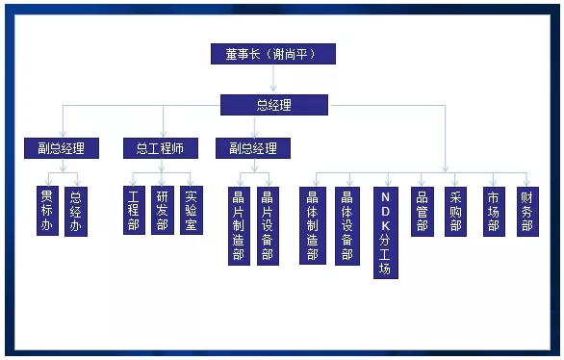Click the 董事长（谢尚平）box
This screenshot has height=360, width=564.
[x=273, y=54]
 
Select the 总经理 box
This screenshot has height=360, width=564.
[x=274, y=105]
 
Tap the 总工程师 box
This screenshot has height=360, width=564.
[x=161, y=148]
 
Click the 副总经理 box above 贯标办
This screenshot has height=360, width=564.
[x=62, y=148]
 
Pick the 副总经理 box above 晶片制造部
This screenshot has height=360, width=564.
[x=253, y=148]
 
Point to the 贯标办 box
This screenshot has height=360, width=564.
[x=47, y=211]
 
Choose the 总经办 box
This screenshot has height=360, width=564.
[x=76, y=212]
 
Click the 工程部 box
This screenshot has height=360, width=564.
[x=134, y=211]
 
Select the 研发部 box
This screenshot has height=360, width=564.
[x=163, y=211]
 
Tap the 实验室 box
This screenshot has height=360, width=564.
[x=192, y=211]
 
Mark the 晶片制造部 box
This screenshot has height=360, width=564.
[x=240, y=226]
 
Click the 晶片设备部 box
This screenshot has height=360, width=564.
[x=268, y=226]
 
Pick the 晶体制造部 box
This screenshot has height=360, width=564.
[x=313, y=226]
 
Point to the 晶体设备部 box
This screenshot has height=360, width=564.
[x=347, y=226]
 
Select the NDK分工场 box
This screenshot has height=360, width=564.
[x=386, y=233]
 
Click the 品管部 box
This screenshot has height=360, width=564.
[x=423, y=212]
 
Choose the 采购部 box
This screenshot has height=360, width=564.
[x=456, y=212]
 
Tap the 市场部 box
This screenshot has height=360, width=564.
[x=494, y=212]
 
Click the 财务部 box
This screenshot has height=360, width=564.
[x=527, y=212]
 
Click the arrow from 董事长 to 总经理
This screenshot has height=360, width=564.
[x=273, y=78]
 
